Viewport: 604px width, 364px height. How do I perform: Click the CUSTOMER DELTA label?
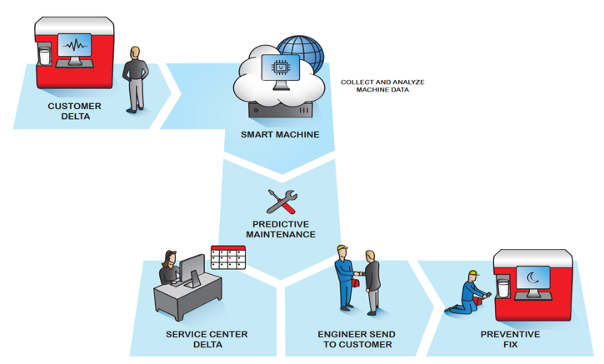[74, 111]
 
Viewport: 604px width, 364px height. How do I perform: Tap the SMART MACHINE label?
[280, 133]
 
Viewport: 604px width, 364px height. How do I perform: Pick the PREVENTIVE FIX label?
[510, 339]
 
